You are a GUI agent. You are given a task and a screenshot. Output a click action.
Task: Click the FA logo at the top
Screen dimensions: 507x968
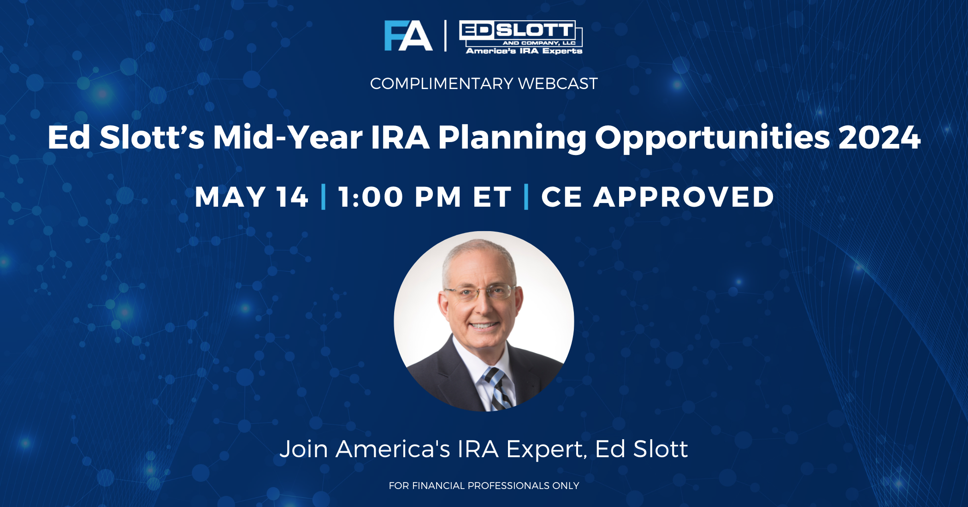408,36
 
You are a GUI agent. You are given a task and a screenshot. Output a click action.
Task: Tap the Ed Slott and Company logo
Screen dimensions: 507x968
521,37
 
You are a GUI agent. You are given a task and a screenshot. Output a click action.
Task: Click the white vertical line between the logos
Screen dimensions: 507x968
445,36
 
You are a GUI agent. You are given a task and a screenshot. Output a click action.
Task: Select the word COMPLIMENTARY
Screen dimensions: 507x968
441,84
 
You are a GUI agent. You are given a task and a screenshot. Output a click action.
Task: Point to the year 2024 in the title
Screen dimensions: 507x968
879,137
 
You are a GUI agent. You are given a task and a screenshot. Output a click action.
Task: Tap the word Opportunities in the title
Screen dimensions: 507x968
712,137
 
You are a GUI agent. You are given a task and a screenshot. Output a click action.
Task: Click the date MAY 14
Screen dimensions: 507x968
251,197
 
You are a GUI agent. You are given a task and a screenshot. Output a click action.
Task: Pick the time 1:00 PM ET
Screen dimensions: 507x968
425,197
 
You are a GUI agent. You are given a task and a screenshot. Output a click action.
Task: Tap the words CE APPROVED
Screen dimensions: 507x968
657,197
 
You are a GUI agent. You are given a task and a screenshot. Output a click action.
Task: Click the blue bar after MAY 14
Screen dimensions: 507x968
323,197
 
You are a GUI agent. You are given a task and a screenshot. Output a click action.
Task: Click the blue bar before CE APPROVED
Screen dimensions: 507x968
526,197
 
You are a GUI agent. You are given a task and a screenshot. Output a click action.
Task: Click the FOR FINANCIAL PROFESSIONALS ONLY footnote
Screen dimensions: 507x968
484,485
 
